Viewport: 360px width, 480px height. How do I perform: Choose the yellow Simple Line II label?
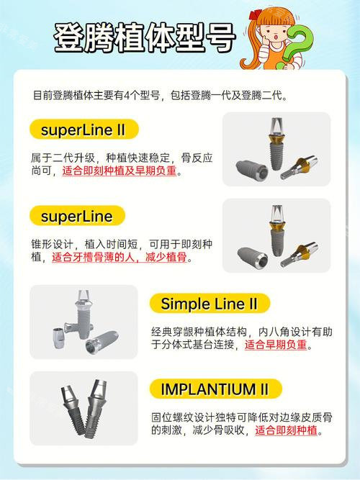(x=209, y=304)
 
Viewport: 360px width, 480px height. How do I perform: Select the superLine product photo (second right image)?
(x=276, y=235)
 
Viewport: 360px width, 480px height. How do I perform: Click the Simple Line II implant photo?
(x=84, y=322)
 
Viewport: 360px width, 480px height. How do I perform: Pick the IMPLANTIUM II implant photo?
(x=84, y=407)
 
